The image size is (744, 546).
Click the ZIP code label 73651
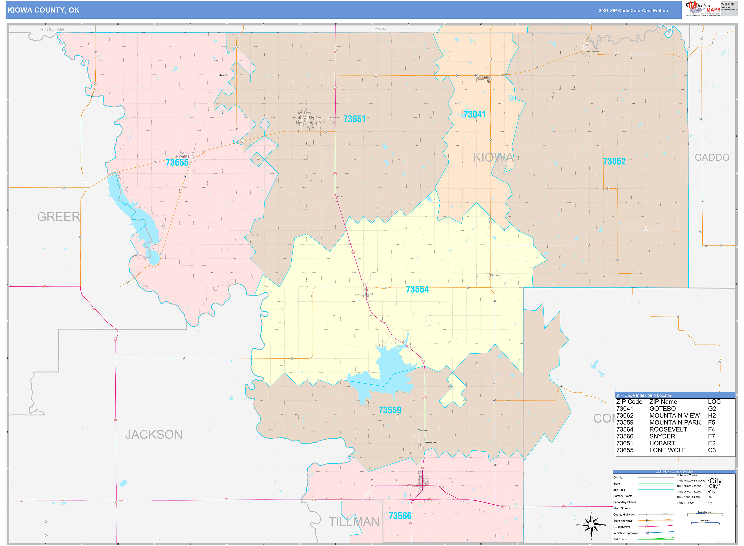[x=354, y=119]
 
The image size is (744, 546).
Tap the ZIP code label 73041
[x=474, y=114]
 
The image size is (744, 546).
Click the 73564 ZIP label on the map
[x=417, y=290]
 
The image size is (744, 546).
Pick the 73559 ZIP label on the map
[x=390, y=410]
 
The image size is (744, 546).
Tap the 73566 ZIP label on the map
[x=400, y=516]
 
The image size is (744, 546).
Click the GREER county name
[x=59, y=217]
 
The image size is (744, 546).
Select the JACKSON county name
[x=154, y=434]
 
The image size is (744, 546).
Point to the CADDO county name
[x=712, y=157]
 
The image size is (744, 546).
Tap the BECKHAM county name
[x=52, y=29]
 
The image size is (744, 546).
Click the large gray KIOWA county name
[x=493, y=158]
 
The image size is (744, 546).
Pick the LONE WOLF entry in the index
[x=667, y=450]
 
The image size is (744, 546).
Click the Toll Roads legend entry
[x=620, y=539]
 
